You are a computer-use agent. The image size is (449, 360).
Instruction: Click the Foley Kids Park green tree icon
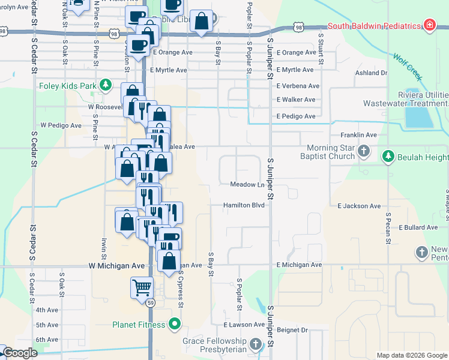pos(106,85)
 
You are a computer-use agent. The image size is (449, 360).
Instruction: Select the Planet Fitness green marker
pos(175,325)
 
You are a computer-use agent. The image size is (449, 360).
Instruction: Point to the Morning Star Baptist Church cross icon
pos(364,151)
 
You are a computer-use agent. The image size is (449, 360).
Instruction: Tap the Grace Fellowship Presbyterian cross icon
pos(256,344)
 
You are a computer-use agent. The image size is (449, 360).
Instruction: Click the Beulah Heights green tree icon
pos(388,157)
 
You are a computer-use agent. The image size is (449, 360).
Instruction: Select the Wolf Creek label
pos(408,67)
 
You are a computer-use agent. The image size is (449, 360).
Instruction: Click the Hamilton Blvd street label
pos(244,205)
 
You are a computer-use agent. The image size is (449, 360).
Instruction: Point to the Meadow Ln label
pos(247,184)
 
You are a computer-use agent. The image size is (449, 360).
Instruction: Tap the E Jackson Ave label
pos(359,206)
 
